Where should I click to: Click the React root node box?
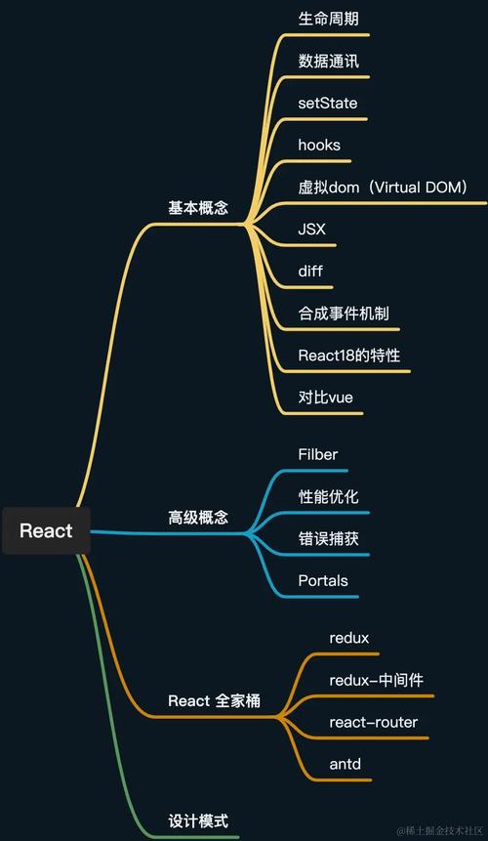pyautogui.click(x=46, y=530)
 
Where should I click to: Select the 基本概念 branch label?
pyautogui.click(x=198, y=208)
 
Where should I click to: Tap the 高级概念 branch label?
pyautogui.click(x=198, y=518)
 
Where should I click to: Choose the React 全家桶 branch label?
pyautogui.click(x=214, y=701)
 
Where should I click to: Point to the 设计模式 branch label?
pyautogui.click(x=198, y=820)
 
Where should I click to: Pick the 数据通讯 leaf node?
pyautogui.click(x=328, y=61)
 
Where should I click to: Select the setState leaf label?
pyautogui.click(x=328, y=103)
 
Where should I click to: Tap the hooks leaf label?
pyautogui.click(x=319, y=146)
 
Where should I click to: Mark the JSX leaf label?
pyautogui.click(x=312, y=230)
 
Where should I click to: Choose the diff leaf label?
pyautogui.click(x=310, y=272)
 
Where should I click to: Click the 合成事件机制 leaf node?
pyautogui.click(x=344, y=314)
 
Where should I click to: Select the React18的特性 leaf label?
pyautogui.click(x=349, y=356)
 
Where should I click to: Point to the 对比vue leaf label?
pyautogui.click(x=325, y=398)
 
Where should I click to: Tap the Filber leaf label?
pyautogui.click(x=318, y=454)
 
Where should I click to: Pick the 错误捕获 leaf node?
pyautogui.click(x=328, y=538)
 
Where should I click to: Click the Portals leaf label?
pyautogui.click(x=323, y=581)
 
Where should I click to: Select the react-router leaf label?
pyautogui.click(x=374, y=722)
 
